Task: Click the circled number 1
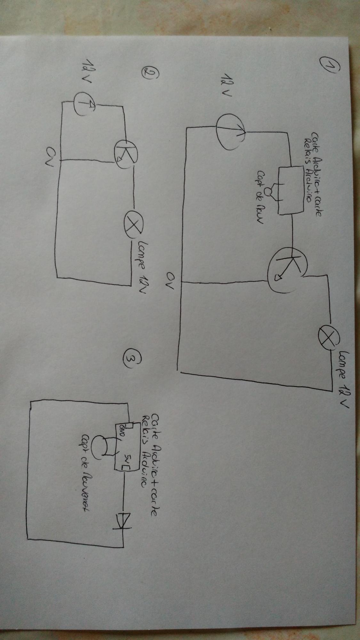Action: click(x=327, y=66)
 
